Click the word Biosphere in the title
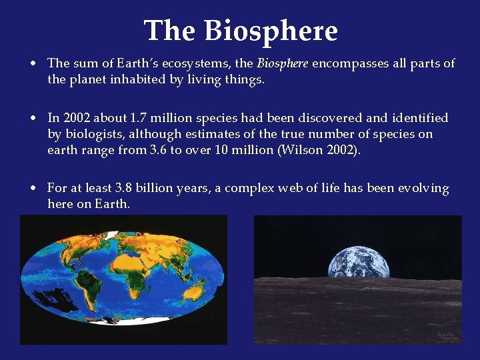coord(271,31)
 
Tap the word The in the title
coord(170,31)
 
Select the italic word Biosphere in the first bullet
coord(283,63)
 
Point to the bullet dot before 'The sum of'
coord(32,64)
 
